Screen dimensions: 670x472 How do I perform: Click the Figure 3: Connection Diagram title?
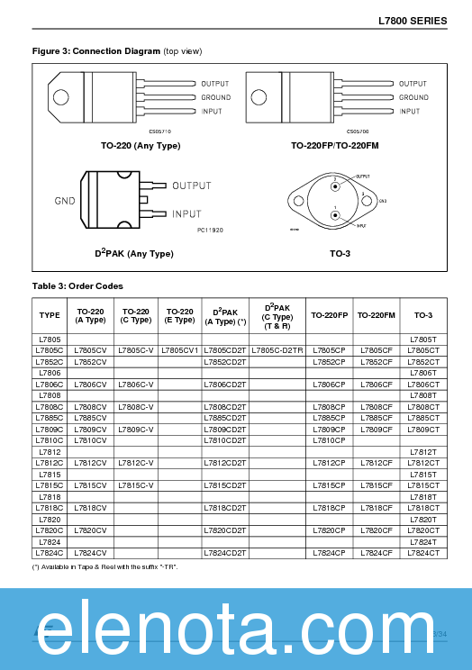[117, 51]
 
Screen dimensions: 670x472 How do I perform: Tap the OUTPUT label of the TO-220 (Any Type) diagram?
[214, 83]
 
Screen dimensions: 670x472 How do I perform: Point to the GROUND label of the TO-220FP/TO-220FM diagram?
[413, 97]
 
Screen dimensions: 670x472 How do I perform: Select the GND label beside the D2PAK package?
[64, 200]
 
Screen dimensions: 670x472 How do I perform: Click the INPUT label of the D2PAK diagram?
[186, 214]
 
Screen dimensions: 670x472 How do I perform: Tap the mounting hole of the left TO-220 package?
[61, 97]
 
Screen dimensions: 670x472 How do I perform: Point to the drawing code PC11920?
[209, 230]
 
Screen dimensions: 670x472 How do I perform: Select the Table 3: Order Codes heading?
[77, 285]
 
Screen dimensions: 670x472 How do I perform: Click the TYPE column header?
[50, 315]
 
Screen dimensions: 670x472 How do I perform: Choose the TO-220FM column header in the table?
[377, 315]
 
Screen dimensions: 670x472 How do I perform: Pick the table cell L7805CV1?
[180, 349]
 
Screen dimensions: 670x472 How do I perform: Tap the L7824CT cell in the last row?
[423, 552]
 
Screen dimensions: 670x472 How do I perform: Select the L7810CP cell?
[329, 439]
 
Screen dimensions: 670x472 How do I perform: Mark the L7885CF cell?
[377, 417]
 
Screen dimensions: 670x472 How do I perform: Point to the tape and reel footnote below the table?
[117, 567]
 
